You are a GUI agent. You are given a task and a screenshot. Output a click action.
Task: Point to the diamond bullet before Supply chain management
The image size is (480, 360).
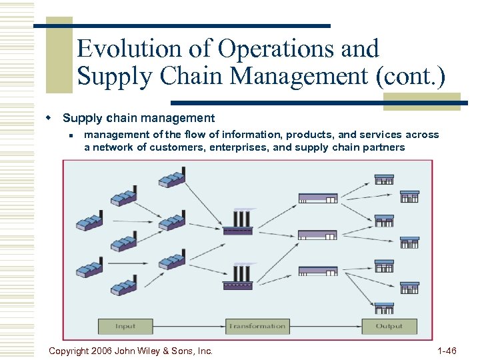(49, 118)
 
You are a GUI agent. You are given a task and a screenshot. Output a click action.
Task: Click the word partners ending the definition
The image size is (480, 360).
(383, 147)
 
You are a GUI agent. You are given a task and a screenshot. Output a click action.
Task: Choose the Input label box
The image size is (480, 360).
(125, 326)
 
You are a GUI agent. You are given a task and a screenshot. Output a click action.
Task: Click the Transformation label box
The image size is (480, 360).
(257, 326)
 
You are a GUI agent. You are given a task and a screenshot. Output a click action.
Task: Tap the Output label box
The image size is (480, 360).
(389, 326)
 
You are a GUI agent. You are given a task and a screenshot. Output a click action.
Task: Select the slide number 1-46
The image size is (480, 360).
(446, 351)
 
